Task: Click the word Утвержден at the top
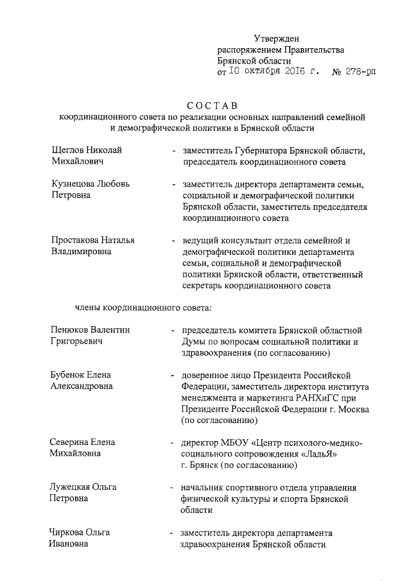(x=276, y=39)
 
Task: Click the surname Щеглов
(x=69, y=150)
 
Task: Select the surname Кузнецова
(x=74, y=184)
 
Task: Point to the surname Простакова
(x=77, y=240)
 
